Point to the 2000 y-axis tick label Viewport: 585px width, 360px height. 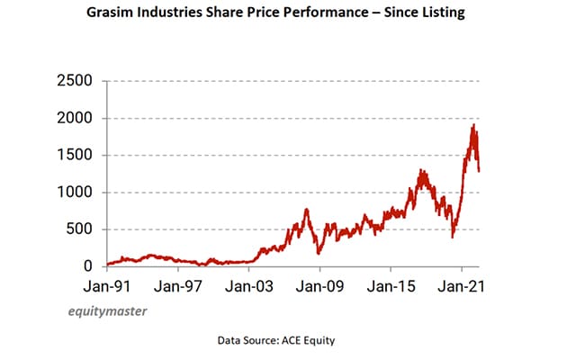click(x=74, y=118)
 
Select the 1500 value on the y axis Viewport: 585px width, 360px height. click(x=74, y=155)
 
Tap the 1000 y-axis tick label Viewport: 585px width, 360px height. click(x=74, y=193)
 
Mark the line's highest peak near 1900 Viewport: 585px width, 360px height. click(x=472, y=125)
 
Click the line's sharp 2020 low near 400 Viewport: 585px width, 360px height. click(x=453, y=237)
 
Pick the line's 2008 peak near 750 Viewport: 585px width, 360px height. click(x=306, y=210)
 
